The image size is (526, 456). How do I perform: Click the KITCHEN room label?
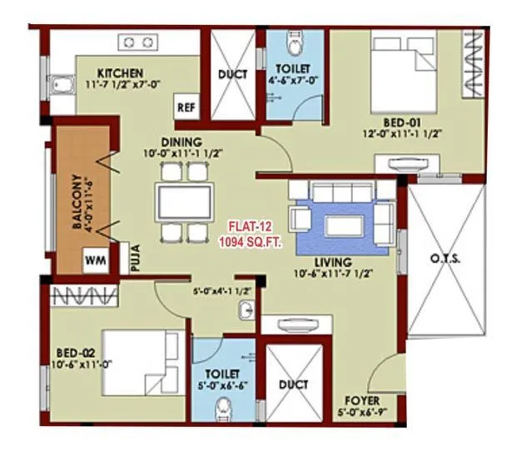coord(119,72)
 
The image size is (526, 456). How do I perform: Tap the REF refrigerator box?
coord(185,107)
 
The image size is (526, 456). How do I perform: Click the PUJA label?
coord(133,260)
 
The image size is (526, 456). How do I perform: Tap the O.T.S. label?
coord(446,259)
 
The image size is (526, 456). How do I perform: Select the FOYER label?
coord(355,400)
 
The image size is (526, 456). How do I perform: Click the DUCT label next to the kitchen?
coord(232,74)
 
